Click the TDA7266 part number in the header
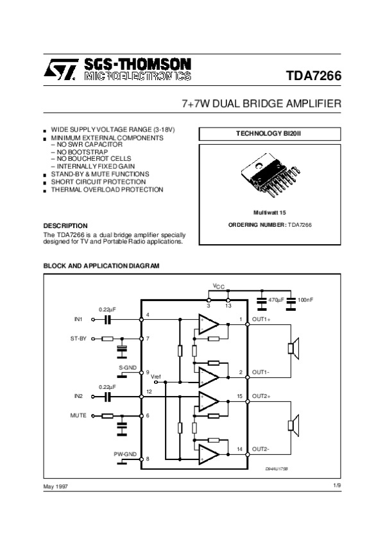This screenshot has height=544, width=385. click(x=314, y=76)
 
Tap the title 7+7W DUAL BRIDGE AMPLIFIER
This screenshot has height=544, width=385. click(x=262, y=104)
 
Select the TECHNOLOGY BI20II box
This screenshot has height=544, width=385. click(x=269, y=134)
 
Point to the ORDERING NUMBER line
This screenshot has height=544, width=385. click(x=269, y=224)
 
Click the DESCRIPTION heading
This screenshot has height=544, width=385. click(x=65, y=226)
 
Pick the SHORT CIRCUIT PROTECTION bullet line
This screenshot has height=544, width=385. click(x=93, y=182)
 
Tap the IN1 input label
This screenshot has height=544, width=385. click(x=79, y=318)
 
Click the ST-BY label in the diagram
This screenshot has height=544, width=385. click(x=78, y=338)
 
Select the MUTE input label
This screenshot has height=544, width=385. click(x=78, y=416)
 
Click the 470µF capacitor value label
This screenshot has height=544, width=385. click(x=277, y=300)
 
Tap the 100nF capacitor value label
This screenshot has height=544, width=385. click(x=305, y=300)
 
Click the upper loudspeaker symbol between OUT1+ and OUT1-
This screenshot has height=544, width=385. click(x=293, y=348)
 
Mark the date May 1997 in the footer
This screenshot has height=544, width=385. click(x=55, y=487)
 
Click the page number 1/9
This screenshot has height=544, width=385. click(x=336, y=486)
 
